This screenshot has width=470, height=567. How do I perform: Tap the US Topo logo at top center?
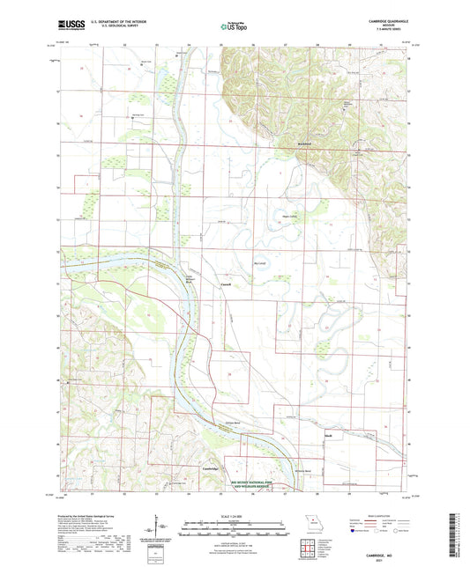click(x=235, y=27)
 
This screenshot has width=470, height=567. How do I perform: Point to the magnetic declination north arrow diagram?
click(x=156, y=526)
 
